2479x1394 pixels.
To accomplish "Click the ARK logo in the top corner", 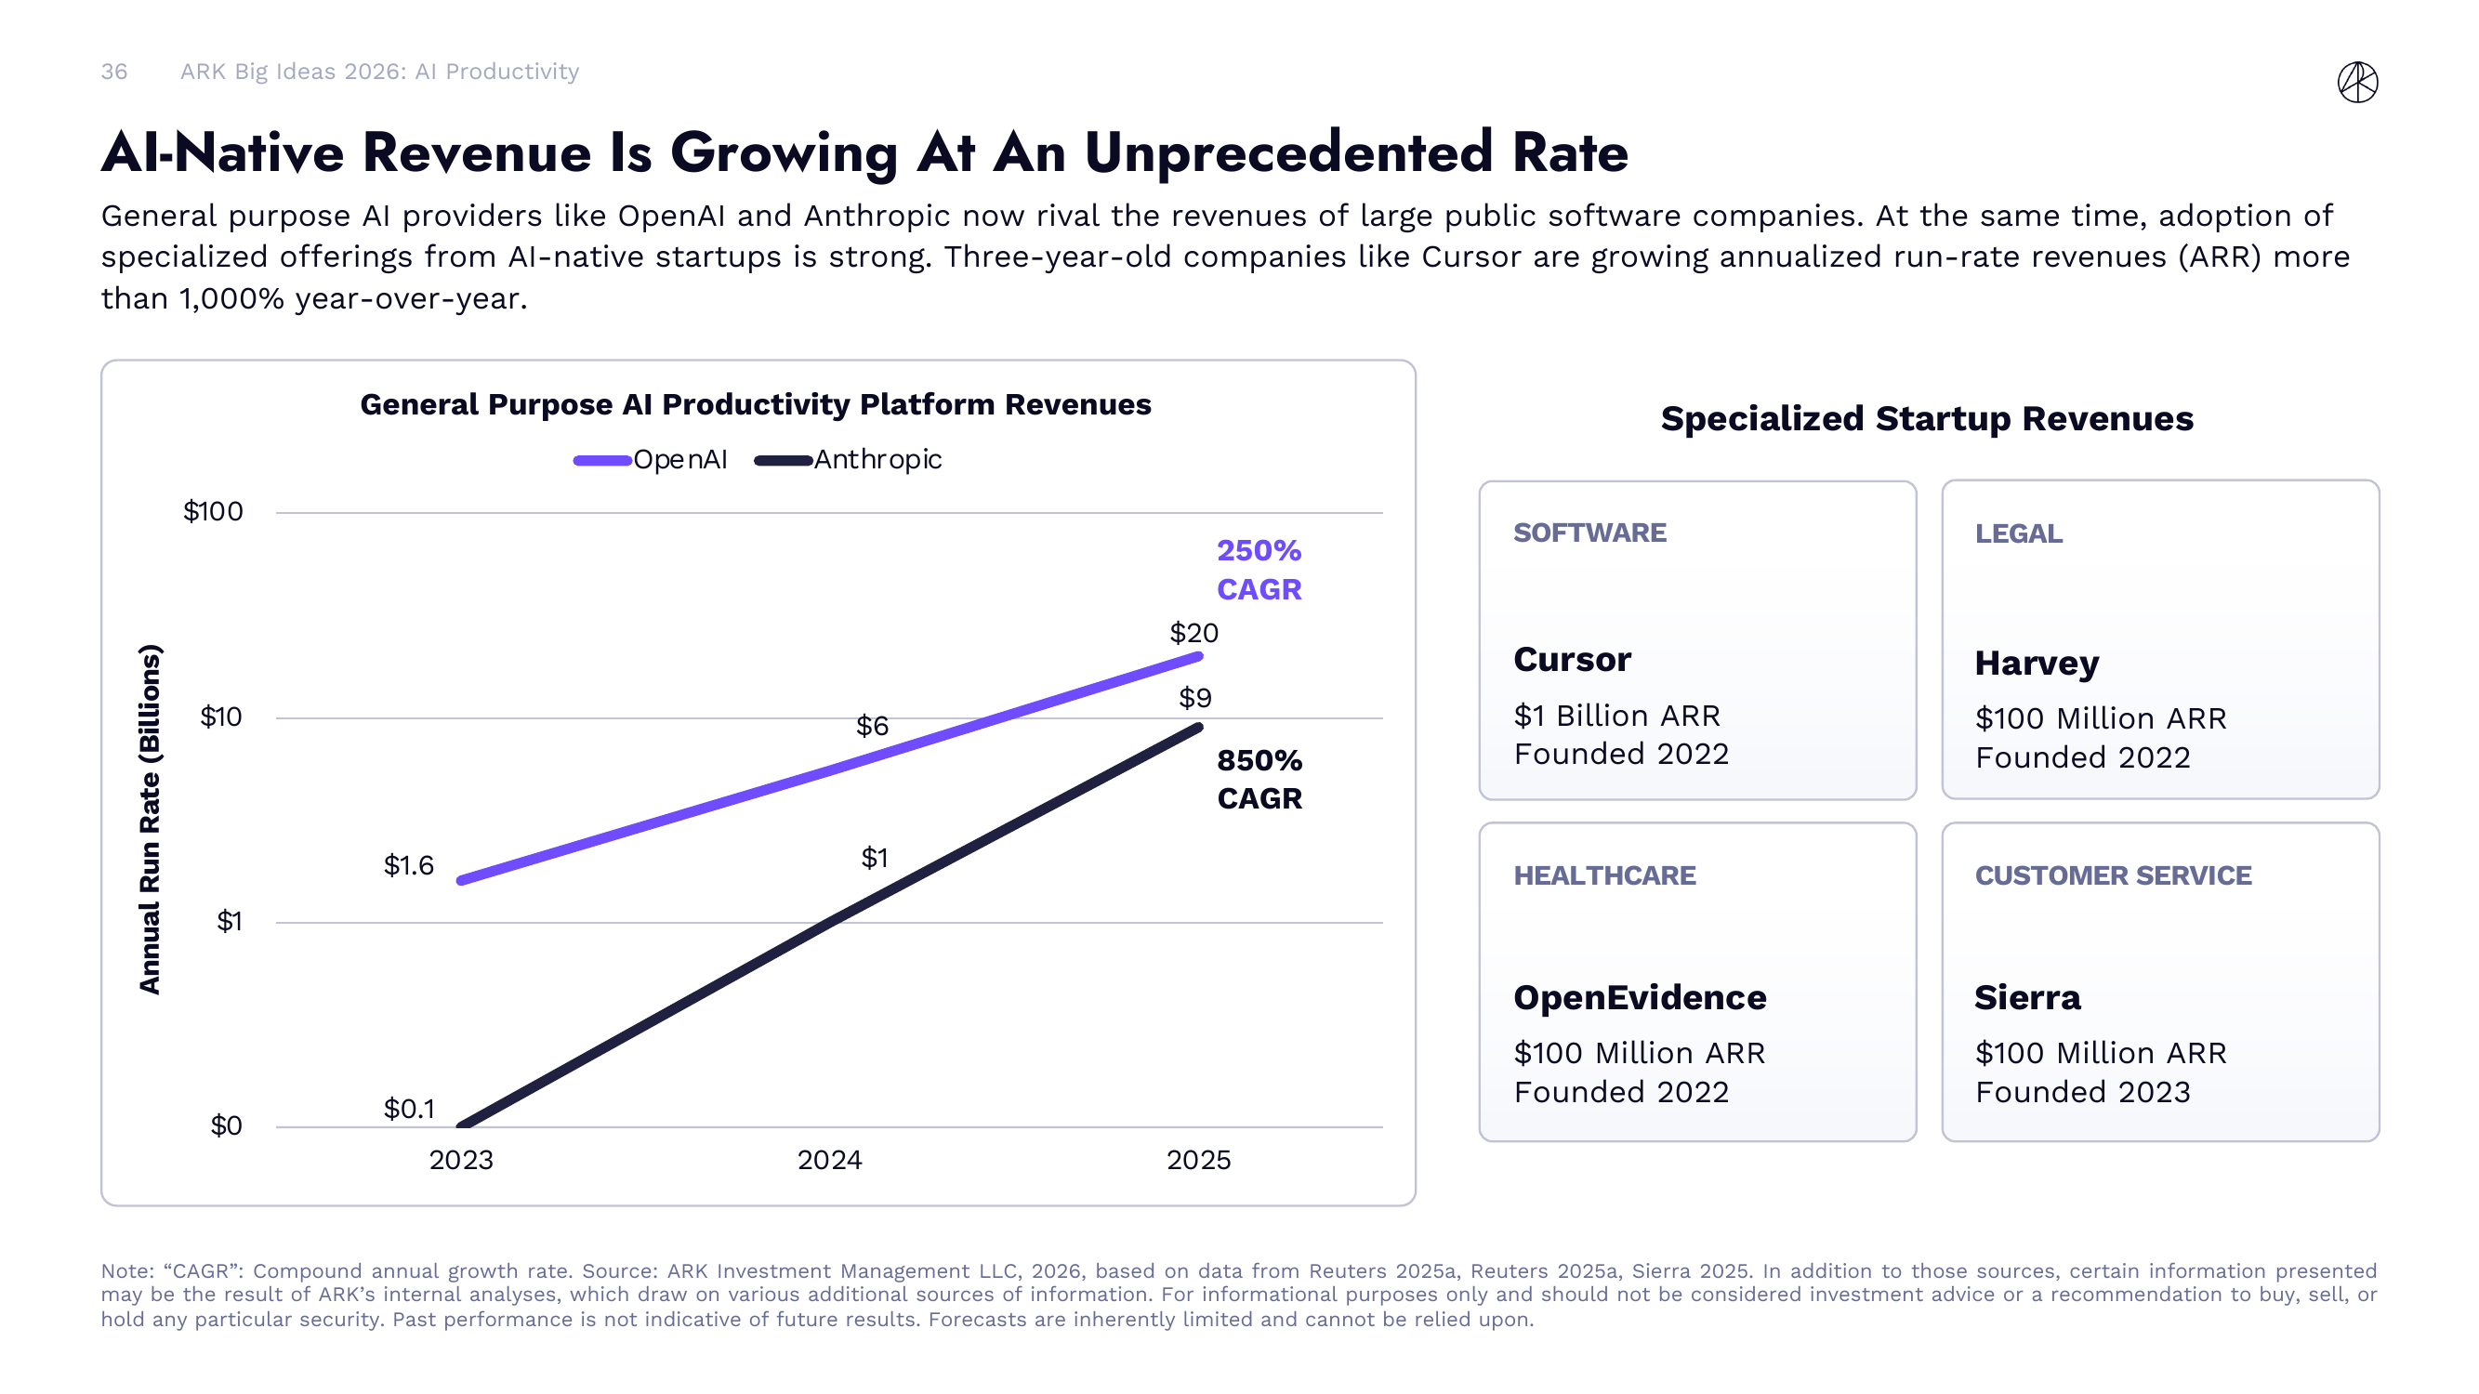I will point(2357,82).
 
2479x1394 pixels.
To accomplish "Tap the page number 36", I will point(113,72).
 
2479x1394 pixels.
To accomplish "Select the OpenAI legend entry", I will point(651,460).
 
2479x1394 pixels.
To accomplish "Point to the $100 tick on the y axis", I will point(213,511).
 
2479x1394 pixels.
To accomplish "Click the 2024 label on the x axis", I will point(829,1159).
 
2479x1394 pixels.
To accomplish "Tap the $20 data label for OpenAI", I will point(1193,633).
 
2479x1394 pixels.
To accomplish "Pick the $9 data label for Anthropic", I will point(1195,698).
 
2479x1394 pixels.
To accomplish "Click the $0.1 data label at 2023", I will point(409,1109).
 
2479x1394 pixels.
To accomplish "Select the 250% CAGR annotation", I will point(1259,570).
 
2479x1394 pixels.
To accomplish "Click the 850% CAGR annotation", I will point(1259,780).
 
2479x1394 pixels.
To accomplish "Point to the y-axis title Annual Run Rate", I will point(149,818).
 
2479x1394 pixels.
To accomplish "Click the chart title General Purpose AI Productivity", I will point(756,404).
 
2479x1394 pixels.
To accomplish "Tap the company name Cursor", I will point(1573,660).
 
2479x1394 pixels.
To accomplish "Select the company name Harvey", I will point(2037,664).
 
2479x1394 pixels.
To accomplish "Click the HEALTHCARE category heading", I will point(1604,875).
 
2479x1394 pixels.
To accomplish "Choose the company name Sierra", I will point(2026,997).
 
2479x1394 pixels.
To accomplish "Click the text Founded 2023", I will point(2082,1092).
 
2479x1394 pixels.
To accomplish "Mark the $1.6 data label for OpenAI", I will point(409,865).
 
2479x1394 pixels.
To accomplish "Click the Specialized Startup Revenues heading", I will point(1927,418).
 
